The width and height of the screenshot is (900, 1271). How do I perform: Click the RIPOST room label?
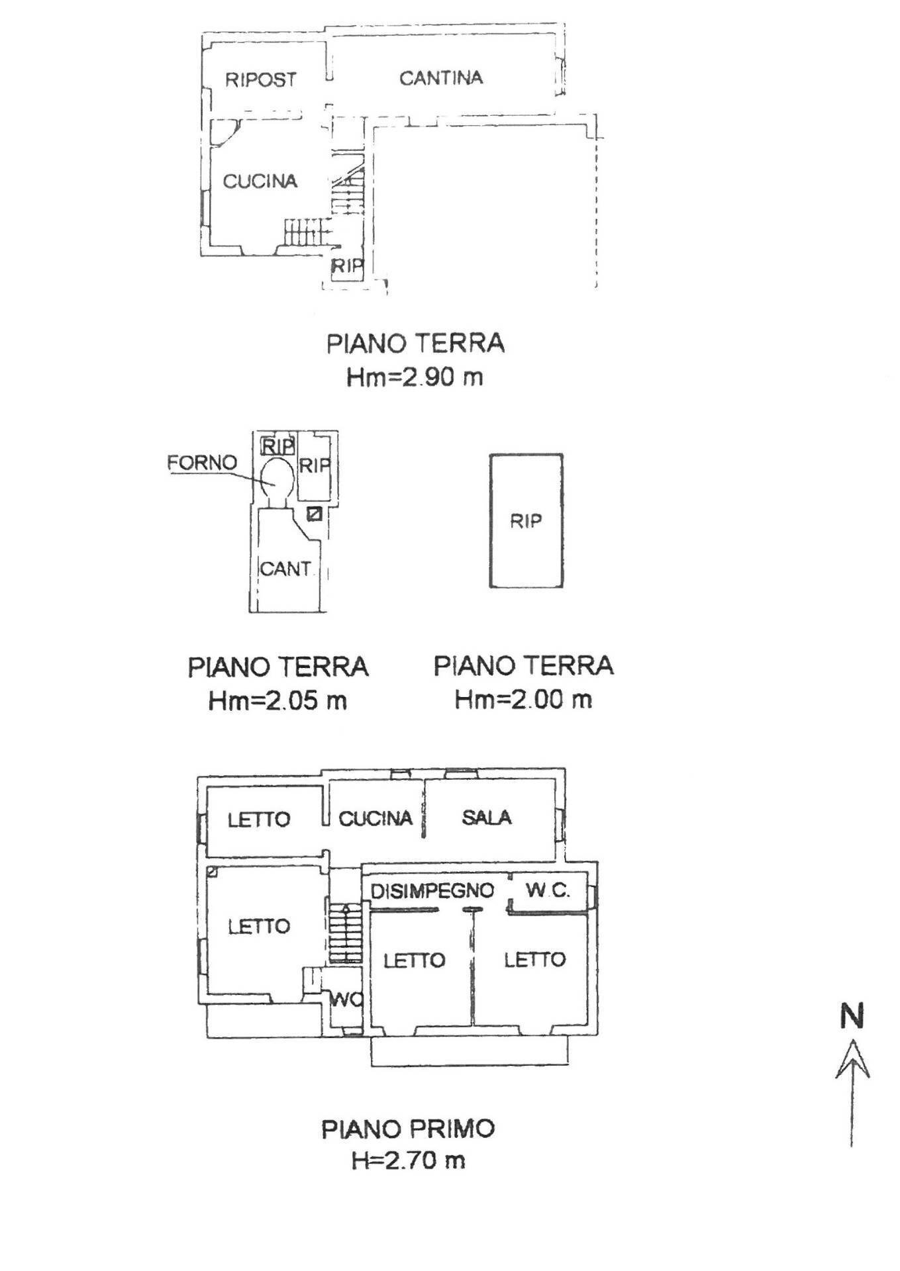point(260,80)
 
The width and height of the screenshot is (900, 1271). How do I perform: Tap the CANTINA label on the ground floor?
point(440,78)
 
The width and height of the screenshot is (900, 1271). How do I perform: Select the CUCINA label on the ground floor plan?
point(260,181)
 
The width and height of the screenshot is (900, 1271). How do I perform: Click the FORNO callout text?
point(201,463)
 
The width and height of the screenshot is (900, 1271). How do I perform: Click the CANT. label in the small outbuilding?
point(285,569)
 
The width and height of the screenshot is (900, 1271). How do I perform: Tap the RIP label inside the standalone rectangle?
point(525,522)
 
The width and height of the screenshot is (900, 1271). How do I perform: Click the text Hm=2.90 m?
point(415,377)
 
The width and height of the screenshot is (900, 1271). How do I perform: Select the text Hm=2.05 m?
point(277,700)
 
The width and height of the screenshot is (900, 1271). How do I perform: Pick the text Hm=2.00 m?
point(523,700)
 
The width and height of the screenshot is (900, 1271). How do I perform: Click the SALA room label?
point(486,818)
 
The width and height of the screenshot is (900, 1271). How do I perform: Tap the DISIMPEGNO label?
point(432,891)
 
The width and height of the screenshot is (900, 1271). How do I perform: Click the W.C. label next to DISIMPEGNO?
point(547,890)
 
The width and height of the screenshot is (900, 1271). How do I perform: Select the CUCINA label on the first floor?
point(375,819)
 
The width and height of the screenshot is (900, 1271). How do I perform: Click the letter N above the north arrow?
point(852,1017)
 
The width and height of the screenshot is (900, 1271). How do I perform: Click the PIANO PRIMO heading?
point(408,1129)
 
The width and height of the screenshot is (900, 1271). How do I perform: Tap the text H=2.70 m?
point(408,1160)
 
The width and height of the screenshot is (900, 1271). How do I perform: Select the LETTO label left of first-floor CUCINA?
point(259,820)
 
